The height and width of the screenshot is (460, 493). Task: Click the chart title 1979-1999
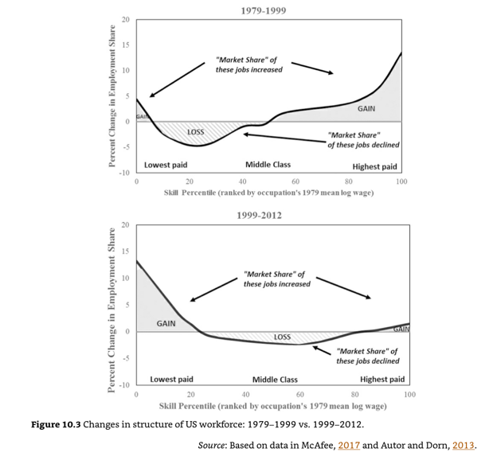(x=263, y=11)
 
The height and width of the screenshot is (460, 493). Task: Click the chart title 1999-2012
(x=259, y=216)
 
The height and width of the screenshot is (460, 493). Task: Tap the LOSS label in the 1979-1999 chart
(x=195, y=131)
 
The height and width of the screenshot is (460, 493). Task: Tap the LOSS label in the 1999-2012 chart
(x=282, y=337)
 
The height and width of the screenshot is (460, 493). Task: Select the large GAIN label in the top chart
(x=366, y=108)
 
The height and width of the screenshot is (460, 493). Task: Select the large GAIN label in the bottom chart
(x=166, y=324)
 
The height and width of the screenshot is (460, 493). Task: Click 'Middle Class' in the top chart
(x=268, y=165)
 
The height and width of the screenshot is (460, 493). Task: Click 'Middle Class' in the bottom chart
(x=275, y=380)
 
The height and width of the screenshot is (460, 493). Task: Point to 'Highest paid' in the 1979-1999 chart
(x=374, y=167)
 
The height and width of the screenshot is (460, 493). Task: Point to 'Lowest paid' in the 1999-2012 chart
(x=171, y=380)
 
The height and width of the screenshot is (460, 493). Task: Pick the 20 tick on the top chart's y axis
(x=126, y=19)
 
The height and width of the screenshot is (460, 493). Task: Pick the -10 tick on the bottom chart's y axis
(x=124, y=385)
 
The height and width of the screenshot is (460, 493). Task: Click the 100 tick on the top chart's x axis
(x=401, y=182)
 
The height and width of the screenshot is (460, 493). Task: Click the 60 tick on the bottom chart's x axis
(x=299, y=394)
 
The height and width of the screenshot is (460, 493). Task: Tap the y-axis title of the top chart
(x=112, y=96)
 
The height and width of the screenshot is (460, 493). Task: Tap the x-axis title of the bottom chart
(x=272, y=405)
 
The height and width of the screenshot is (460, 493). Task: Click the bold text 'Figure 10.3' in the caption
(x=55, y=424)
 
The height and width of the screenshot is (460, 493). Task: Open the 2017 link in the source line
(x=349, y=445)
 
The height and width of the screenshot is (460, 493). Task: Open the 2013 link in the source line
(x=462, y=445)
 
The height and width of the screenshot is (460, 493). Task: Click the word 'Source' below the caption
(x=212, y=445)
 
